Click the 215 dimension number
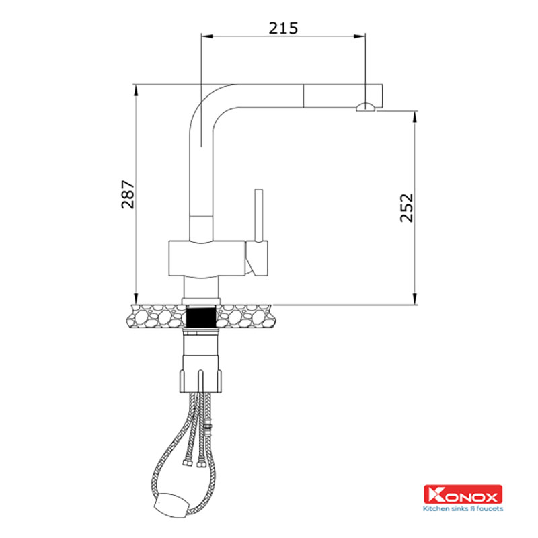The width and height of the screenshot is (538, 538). (283, 28)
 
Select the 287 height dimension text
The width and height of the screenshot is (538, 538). (128, 194)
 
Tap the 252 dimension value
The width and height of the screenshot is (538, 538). (407, 208)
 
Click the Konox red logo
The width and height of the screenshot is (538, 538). (463, 494)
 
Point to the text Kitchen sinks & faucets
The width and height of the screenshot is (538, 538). (463, 508)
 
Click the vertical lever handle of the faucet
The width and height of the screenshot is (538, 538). (259, 215)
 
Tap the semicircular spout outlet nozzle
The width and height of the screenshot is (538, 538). (365, 107)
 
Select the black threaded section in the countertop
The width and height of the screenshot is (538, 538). (200, 317)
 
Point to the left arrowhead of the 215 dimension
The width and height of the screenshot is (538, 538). (207, 36)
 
